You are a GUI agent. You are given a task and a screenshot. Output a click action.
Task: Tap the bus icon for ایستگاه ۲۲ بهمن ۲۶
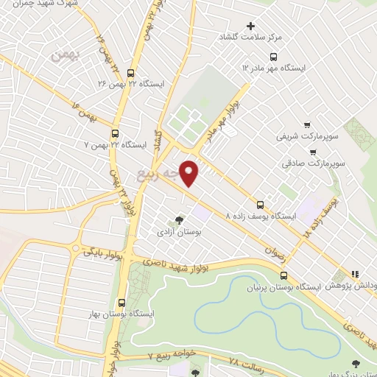tap(130, 73)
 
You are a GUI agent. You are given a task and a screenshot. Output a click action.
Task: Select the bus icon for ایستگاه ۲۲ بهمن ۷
tap(114, 134)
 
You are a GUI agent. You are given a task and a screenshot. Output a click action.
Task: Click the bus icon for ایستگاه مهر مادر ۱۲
tap(273, 56)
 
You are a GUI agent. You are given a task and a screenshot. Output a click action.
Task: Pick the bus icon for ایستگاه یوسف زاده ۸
tap(259, 205)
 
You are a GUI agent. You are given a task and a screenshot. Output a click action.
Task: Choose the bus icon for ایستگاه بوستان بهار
tap(121, 303)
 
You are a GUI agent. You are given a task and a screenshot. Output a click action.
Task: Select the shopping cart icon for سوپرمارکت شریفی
tap(307, 125)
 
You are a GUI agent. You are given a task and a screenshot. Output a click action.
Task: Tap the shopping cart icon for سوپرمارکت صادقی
tap(314, 153)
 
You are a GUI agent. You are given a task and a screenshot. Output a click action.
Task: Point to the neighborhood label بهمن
tap(63, 55)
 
